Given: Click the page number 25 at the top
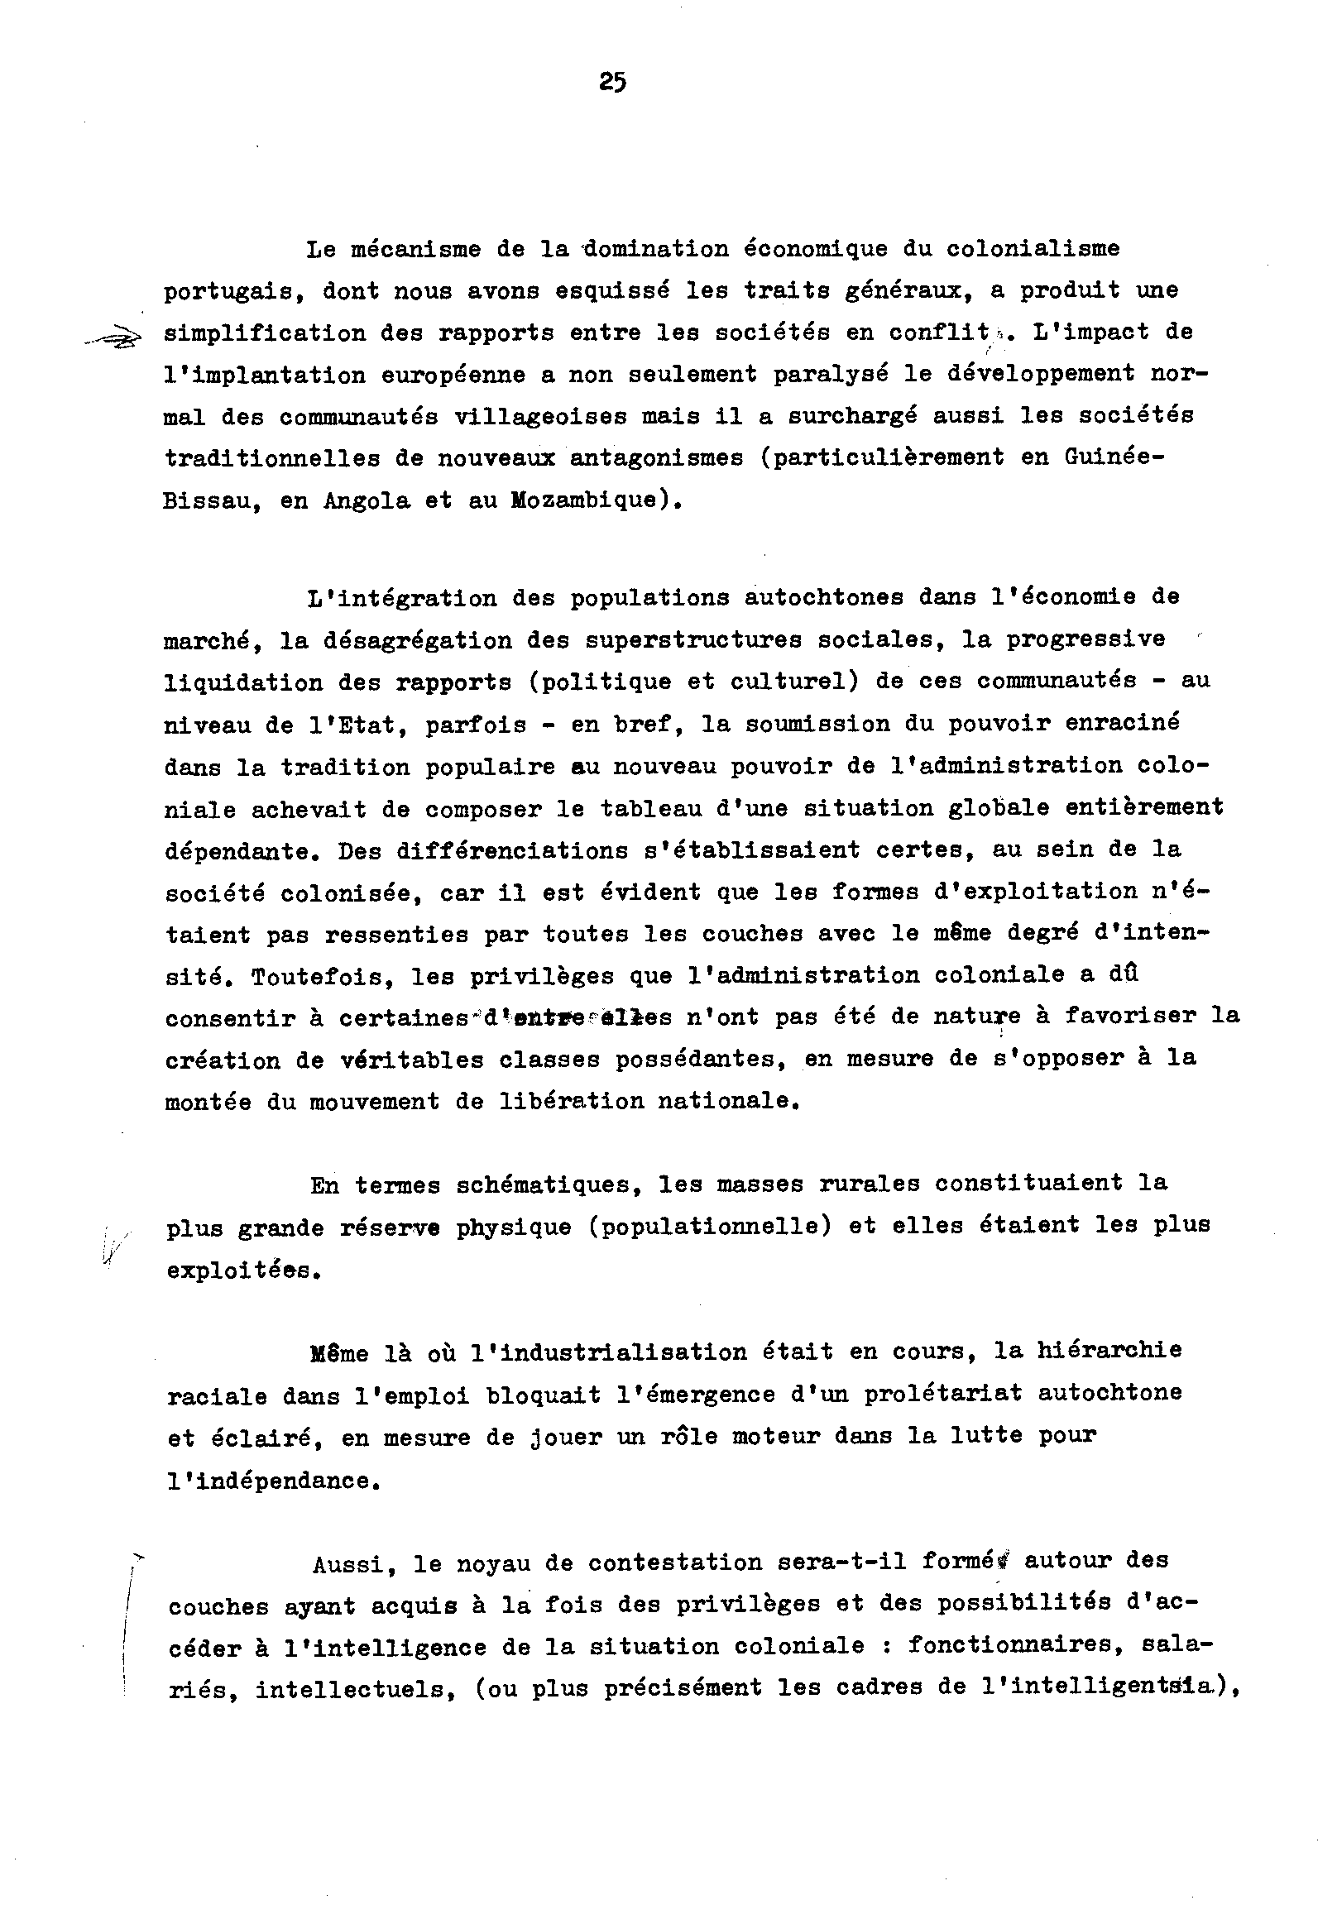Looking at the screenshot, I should click(612, 83).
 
